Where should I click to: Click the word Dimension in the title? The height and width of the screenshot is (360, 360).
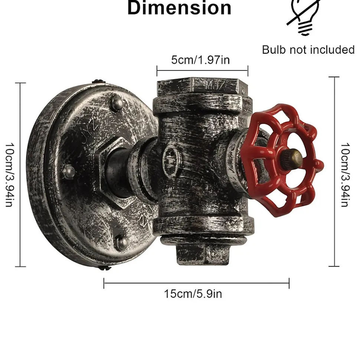(x=179, y=8)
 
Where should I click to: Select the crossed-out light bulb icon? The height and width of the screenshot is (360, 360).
(x=303, y=17)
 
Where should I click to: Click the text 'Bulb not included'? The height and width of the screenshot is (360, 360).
(x=308, y=50)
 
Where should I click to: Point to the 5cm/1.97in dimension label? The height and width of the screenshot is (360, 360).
(x=200, y=60)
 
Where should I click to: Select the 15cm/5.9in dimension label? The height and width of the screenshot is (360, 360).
(x=193, y=294)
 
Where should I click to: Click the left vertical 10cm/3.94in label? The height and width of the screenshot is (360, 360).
(x=10, y=175)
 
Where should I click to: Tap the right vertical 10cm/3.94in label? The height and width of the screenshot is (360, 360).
(x=346, y=175)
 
